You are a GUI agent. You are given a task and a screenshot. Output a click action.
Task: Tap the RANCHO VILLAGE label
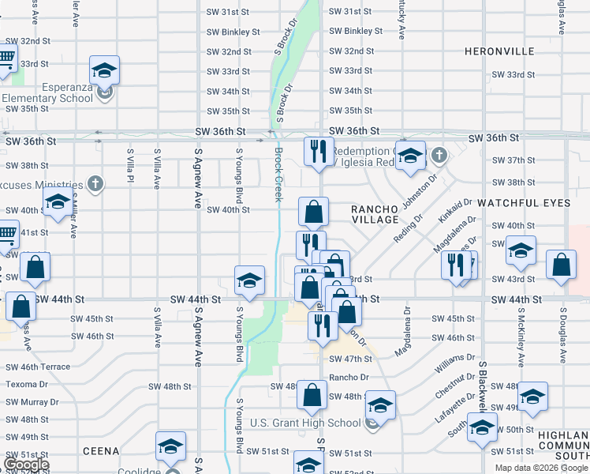375,214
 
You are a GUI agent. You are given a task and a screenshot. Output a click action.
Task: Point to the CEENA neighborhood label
102,451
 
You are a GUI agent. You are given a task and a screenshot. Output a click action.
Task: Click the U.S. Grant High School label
305,423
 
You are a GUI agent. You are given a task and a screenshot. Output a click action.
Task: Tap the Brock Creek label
278,175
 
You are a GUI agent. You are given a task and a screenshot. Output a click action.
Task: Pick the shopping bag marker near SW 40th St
314,213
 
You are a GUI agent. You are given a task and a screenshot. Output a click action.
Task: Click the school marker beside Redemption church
410,156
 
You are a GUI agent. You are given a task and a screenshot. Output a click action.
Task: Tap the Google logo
26,465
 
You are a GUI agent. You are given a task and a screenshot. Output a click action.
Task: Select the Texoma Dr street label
27,385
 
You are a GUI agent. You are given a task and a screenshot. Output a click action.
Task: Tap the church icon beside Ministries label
95,184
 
